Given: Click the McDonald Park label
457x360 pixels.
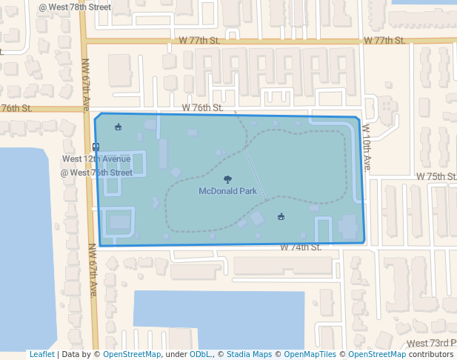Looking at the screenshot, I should [x=227, y=191].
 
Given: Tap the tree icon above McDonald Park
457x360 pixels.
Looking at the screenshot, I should [x=227, y=179].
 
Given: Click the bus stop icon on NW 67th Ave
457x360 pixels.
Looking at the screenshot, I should [x=96, y=147].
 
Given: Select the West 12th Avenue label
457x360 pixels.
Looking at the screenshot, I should [x=96, y=159].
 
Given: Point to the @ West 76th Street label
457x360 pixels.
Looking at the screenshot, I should [x=96, y=173].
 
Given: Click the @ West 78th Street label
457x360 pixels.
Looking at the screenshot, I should [x=75, y=7].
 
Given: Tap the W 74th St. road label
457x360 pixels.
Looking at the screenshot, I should [x=300, y=247].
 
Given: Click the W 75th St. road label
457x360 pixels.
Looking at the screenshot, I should [x=436, y=177].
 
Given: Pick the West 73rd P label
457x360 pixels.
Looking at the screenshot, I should [x=432, y=344].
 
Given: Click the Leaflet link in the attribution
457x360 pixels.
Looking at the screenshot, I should [x=41, y=355].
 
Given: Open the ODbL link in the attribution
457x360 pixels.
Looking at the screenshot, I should [x=200, y=355].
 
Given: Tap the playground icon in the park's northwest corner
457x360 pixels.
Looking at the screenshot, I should [x=118, y=127].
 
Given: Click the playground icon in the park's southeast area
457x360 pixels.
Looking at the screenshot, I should [x=281, y=216].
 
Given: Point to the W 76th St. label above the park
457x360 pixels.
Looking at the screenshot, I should [x=202, y=107].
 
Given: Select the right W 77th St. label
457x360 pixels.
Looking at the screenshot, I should [x=384, y=40].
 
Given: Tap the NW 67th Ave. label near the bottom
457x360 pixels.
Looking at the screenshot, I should [x=93, y=276].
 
